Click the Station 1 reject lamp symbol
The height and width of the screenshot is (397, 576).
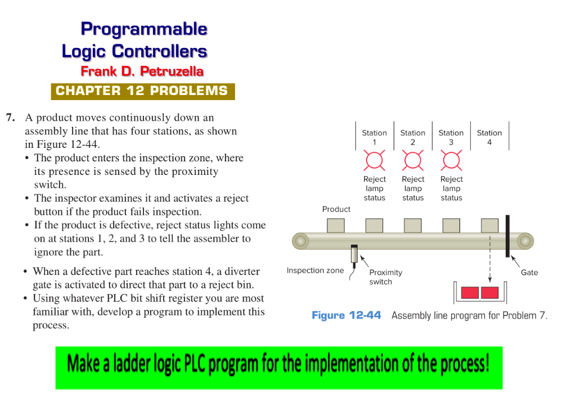[x=374, y=161]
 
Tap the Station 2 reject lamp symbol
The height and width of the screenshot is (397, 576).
[x=412, y=161]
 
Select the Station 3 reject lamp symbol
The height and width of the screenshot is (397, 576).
[x=451, y=161]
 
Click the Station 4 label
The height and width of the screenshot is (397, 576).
[x=489, y=137]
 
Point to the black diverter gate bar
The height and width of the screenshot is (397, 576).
[x=508, y=236]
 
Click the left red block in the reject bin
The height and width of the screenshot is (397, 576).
[x=470, y=292]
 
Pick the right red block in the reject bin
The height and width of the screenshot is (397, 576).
[x=490, y=292]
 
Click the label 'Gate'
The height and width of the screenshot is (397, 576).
[x=529, y=273]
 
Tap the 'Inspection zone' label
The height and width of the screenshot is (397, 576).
[x=315, y=270]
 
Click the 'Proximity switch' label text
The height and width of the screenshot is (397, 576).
[x=385, y=277]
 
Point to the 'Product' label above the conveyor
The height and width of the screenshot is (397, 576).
[x=336, y=209]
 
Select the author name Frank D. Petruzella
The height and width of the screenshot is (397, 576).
[x=142, y=71]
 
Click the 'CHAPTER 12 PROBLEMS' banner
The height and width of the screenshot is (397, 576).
[x=142, y=91]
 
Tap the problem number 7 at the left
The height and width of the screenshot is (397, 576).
[x=10, y=118]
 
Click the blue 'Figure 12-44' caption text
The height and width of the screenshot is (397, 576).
[x=346, y=315]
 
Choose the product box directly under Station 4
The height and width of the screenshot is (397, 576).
[x=489, y=225]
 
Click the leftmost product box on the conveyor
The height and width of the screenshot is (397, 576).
[x=336, y=225]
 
